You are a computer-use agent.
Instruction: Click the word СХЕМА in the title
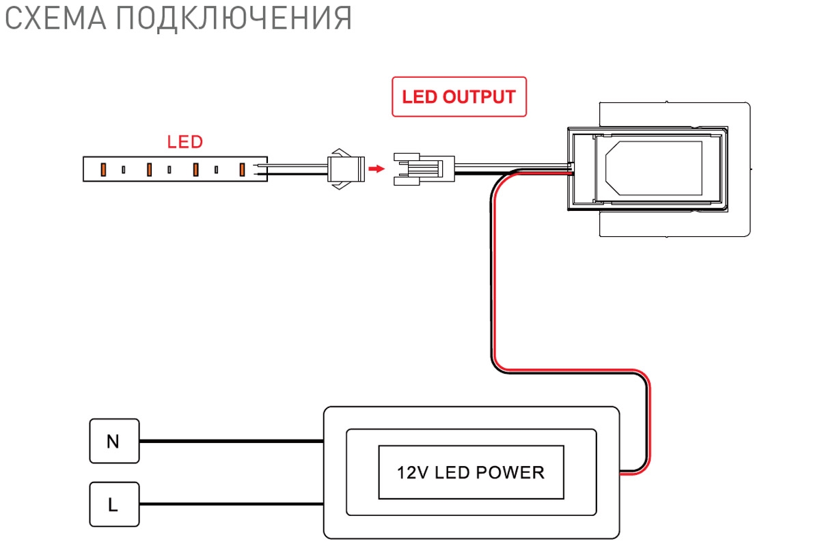[x=55, y=18]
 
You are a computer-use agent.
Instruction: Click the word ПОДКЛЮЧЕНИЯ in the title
[x=234, y=19]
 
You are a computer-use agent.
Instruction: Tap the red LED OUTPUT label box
[x=459, y=97]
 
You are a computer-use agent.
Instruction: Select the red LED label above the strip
[x=185, y=142]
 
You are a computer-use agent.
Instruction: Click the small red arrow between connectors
[x=377, y=169]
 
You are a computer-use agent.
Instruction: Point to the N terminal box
[x=114, y=441]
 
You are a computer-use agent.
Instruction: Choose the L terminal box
[x=114, y=504]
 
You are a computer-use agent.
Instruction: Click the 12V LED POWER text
[x=471, y=472]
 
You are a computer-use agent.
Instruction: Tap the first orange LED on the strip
[x=103, y=170]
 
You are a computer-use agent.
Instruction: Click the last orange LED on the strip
[x=242, y=170]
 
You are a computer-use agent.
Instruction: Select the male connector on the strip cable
[x=346, y=169]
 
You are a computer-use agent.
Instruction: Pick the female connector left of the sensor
[x=424, y=169]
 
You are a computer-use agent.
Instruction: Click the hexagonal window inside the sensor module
[x=654, y=168]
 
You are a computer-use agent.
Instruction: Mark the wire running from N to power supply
[x=232, y=441]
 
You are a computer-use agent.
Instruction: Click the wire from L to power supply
[x=232, y=504]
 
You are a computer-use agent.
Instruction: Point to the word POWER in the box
[x=510, y=472]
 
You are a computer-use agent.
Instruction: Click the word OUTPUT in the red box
[x=479, y=97]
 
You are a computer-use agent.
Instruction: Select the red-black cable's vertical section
[x=493, y=278]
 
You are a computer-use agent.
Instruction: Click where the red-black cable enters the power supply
[x=620, y=472]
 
